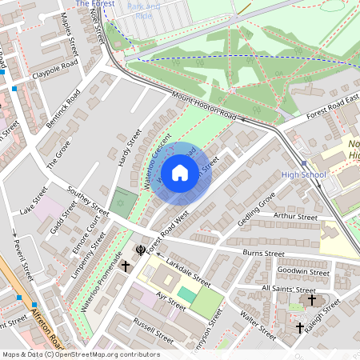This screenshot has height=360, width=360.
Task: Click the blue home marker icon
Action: (180, 172)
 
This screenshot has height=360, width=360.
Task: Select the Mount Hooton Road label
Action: (203, 106)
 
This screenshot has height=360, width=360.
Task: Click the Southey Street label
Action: (88, 202)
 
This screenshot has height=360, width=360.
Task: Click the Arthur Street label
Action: (295, 216)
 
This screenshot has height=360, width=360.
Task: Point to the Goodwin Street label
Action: (307, 272)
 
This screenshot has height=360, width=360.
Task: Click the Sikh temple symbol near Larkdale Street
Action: (142, 250)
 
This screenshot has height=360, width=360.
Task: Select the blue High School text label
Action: (303, 174)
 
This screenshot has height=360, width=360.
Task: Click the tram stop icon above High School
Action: (304, 162)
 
